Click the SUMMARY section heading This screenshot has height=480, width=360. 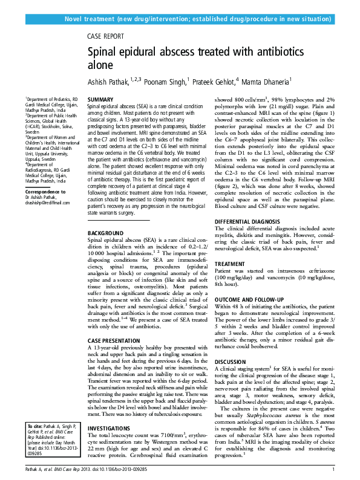tap(100, 99)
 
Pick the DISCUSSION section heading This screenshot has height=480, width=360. tap(232, 362)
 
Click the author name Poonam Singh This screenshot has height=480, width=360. tap(167, 82)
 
